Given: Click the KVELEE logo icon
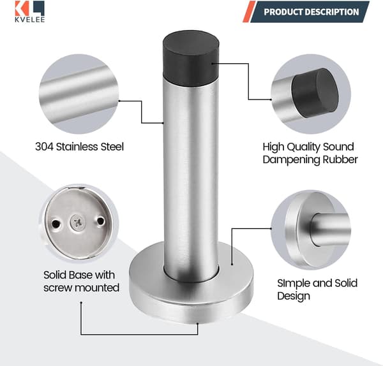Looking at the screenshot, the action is pos(29,8).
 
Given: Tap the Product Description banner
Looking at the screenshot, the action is pos(310,11).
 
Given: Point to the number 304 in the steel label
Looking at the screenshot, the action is pos(44,147).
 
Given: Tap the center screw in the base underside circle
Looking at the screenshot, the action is pos(77,223).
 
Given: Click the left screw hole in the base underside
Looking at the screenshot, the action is pos(56,224).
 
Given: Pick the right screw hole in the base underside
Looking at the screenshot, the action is pos(100,221).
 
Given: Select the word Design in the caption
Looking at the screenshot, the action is pos(294,296).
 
